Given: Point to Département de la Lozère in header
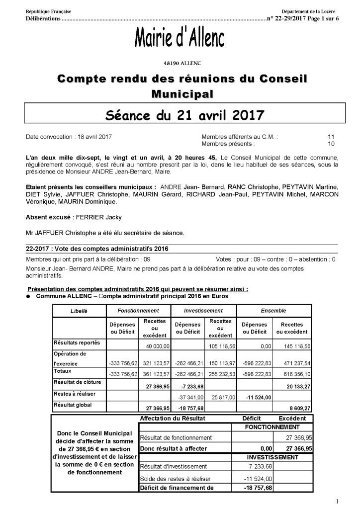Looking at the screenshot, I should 311,11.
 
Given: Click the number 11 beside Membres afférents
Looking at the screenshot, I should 331,136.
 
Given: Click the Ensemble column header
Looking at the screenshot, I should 273,311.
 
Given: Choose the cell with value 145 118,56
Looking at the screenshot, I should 294,345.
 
